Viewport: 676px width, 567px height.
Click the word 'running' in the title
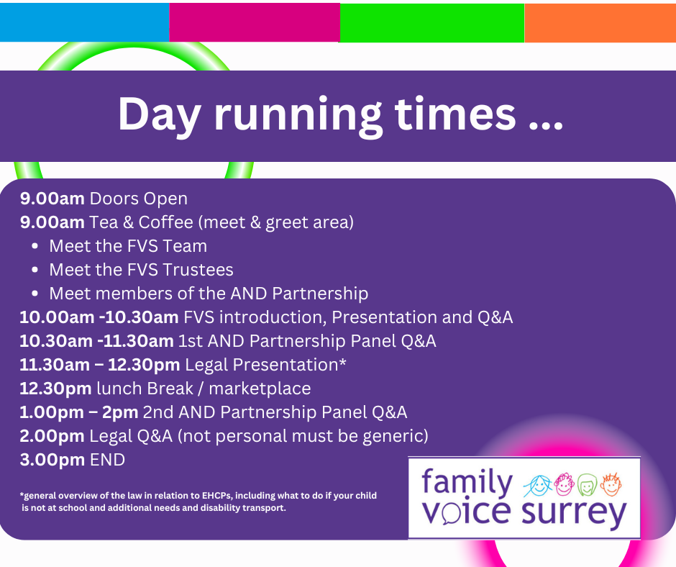(298, 116)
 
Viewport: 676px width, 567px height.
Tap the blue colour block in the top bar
(85, 22)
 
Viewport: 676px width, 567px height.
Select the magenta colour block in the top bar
(255, 22)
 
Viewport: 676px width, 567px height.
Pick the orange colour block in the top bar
(600, 23)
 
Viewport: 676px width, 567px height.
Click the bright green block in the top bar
(432, 23)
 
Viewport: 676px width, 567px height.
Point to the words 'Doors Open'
(138, 199)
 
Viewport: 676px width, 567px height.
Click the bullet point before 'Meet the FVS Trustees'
(35, 270)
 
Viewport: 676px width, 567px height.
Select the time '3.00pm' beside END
(52, 460)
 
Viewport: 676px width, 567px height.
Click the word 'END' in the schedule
(107, 460)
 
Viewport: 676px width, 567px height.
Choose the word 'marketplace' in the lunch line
(260, 389)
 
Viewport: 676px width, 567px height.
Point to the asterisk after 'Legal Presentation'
(342, 362)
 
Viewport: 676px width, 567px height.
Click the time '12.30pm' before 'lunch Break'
(55, 389)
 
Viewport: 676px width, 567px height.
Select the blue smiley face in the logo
(538, 486)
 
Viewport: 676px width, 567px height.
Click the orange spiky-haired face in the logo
(611, 484)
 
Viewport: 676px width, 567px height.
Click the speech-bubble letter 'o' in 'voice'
(449, 514)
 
